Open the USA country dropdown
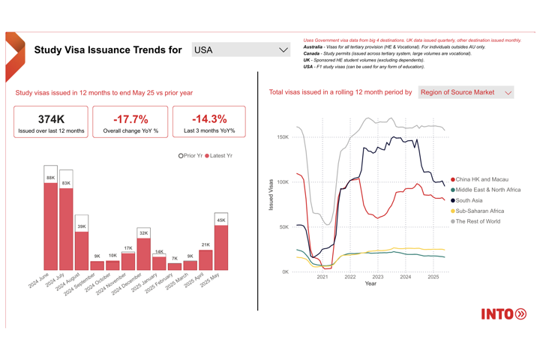[241, 50]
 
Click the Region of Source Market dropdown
[466, 92]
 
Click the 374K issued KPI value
[51, 119]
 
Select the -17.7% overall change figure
[130, 119]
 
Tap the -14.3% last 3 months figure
[209, 119]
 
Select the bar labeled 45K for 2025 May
[220, 247]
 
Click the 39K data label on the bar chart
[82, 226]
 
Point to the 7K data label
[174, 258]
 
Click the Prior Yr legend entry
[190, 156]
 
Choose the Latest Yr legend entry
[220, 156]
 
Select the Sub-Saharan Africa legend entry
[479, 211]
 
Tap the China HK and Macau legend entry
[481, 180]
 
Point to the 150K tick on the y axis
[282, 137]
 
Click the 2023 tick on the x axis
[377, 277]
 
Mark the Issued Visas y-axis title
[271, 194]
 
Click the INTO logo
[503, 313]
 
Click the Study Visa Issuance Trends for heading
[108, 50]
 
